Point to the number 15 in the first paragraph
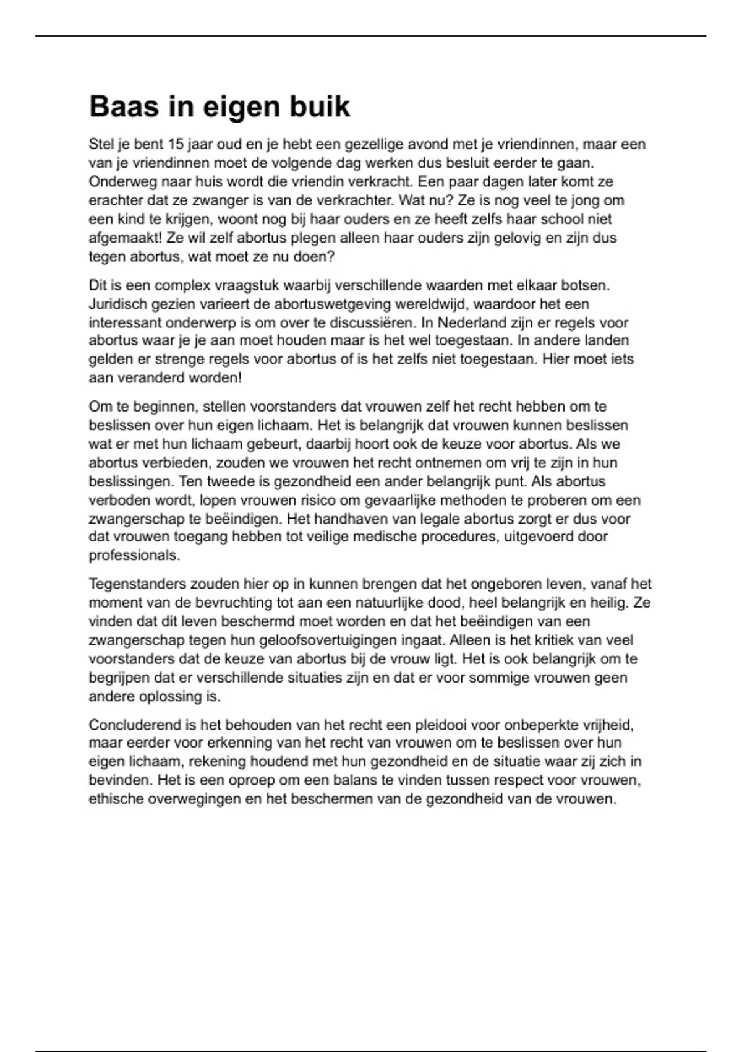click(176, 144)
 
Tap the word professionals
click(134, 556)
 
